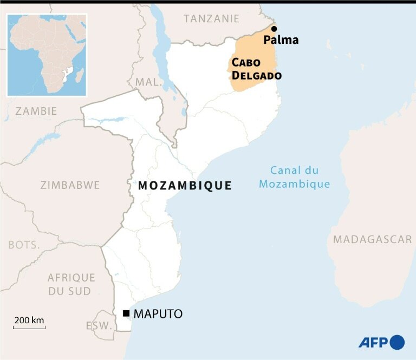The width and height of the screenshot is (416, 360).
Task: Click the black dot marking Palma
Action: click(274, 29)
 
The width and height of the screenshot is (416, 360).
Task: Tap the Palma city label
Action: click(281, 40)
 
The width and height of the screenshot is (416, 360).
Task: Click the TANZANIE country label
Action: click(211, 18)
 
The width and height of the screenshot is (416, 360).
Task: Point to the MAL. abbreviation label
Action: click(149, 82)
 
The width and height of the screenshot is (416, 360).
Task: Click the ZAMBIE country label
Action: click(36, 111)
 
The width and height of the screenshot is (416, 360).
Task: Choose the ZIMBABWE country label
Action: click(70, 185)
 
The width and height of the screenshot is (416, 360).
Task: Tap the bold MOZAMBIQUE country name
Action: click(185, 186)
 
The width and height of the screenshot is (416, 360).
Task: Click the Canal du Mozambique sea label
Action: click(294, 177)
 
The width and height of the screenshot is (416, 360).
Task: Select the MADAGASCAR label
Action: click(373, 239)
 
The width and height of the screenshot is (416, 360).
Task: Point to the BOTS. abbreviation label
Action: click(24, 245)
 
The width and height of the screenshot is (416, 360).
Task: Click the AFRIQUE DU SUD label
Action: click(71, 284)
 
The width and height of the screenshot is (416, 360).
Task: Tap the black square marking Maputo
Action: click(126, 313)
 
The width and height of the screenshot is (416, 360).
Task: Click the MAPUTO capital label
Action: click(158, 313)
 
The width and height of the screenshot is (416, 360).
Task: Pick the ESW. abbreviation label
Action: click(99, 326)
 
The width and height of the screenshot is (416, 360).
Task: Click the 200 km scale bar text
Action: click(29, 320)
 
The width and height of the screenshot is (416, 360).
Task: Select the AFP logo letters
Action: click(373, 342)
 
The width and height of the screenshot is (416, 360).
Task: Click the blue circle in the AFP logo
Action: click(397, 342)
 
